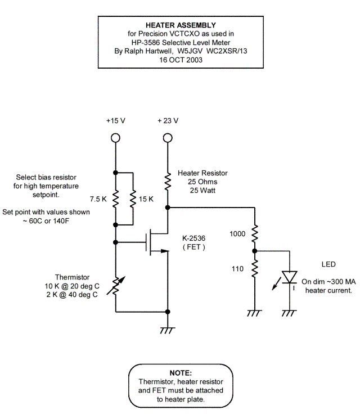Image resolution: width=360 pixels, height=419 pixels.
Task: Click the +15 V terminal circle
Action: pyautogui.click(x=115, y=138)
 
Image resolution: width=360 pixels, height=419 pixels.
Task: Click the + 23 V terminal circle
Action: pyautogui.click(x=167, y=138)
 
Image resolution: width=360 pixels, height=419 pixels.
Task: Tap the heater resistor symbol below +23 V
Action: pyautogui.click(x=167, y=181)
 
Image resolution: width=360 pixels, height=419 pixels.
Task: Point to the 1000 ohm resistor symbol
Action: pyautogui.click(x=254, y=232)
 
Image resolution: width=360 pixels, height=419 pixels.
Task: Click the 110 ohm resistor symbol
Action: pyautogui.click(x=254, y=269)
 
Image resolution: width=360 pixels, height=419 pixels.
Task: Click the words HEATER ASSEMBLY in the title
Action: pyautogui.click(x=181, y=25)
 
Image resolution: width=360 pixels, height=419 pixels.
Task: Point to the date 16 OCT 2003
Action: pyautogui.click(x=181, y=59)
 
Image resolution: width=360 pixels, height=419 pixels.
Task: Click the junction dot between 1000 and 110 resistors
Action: pyautogui.click(x=254, y=251)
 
